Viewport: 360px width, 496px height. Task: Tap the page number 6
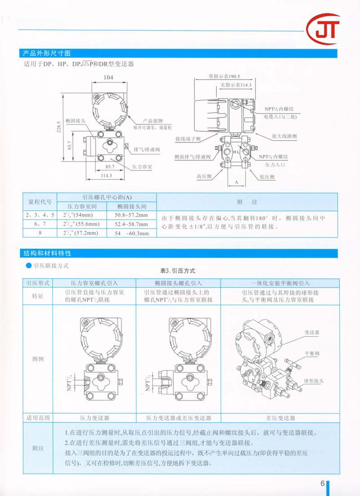pyautogui.click(x=323, y=483)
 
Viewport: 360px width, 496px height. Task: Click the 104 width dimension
pyautogui.click(x=108, y=78)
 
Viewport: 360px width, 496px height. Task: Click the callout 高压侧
pyautogui.click(x=204, y=176)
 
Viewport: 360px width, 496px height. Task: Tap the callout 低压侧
pyautogui.click(x=266, y=177)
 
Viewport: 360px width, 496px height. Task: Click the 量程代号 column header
pyautogui.click(x=40, y=202)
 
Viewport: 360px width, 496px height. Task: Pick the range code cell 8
pyautogui.click(x=40, y=233)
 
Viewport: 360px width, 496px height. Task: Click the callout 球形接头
pyautogui.click(x=315, y=380)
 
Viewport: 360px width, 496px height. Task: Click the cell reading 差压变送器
pyautogui.click(x=280, y=418)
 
